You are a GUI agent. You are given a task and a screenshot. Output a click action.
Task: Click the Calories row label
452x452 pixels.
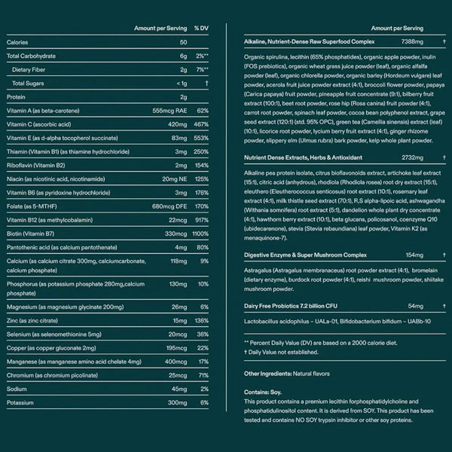(x=17, y=42)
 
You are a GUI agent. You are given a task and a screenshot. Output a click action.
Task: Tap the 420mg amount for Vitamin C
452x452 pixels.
(x=177, y=124)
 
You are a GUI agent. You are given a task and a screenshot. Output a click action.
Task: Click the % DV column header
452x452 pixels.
(x=200, y=28)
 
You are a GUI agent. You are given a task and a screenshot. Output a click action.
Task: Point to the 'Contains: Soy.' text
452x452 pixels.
(x=261, y=392)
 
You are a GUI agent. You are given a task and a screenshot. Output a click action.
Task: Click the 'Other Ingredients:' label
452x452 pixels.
(x=270, y=374)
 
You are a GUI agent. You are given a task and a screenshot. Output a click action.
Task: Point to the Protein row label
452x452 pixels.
(x=17, y=96)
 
